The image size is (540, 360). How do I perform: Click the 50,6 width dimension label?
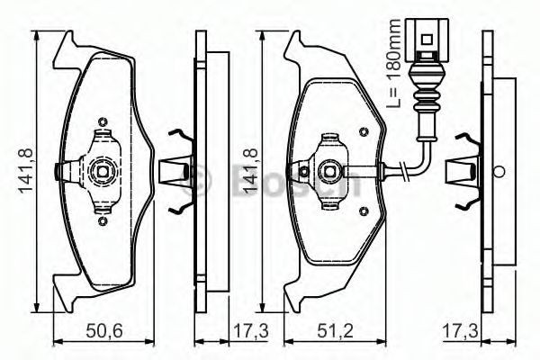(x=105, y=332)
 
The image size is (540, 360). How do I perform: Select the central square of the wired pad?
(x=331, y=168)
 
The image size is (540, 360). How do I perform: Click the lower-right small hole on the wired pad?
(x=363, y=211)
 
